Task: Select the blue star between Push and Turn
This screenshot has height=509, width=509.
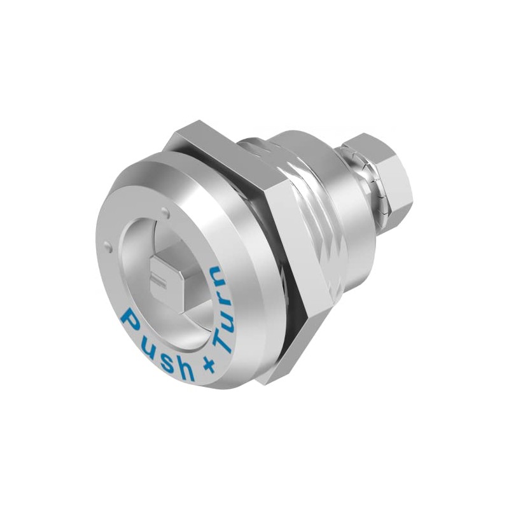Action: point(209,366)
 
